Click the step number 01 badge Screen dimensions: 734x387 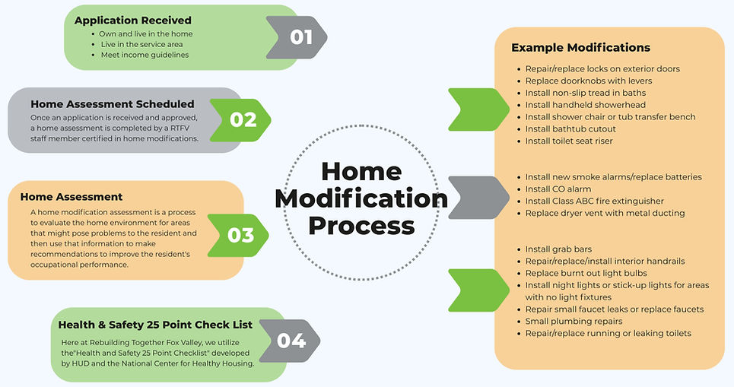(297, 37)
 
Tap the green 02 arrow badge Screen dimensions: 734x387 (240, 120)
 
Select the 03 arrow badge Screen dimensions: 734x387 (238, 236)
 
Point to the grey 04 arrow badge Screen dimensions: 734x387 (290, 341)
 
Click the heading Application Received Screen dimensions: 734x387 (133, 20)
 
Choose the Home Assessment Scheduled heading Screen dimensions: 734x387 (113, 104)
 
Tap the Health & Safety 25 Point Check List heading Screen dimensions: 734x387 (155, 325)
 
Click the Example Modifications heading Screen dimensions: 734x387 (581, 47)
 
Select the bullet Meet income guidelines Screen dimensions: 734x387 (145, 55)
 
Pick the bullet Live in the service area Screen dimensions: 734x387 (141, 44)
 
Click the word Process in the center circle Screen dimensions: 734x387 (361, 226)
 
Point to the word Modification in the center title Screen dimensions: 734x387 (361, 198)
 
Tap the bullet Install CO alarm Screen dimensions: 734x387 (558, 189)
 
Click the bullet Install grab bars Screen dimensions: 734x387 (558, 249)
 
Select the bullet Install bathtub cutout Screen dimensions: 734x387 (570, 128)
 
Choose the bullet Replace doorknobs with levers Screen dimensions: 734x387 (589, 81)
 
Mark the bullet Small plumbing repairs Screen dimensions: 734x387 (574, 322)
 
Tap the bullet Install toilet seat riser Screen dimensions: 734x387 (569, 141)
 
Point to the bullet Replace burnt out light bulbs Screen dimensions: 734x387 (586, 273)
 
